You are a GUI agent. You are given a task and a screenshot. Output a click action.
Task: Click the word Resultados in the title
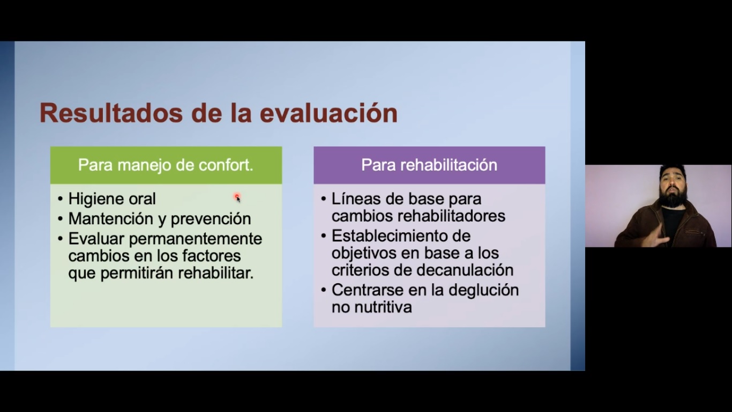pyautogui.click(x=111, y=113)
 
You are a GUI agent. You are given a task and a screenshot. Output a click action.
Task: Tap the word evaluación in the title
pyautogui.click(x=328, y=113)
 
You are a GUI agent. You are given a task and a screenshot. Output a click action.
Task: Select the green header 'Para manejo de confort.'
pyautogui.click(x=166, y=165)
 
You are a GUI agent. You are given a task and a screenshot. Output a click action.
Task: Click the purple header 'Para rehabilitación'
pyautogui.click(x=429, y=165)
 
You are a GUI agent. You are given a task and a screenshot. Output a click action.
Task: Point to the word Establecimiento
pyautogui.click(x=401, y=236)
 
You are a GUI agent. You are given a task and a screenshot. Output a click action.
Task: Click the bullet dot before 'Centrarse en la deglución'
pyautogui.click(x=324, y=290)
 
